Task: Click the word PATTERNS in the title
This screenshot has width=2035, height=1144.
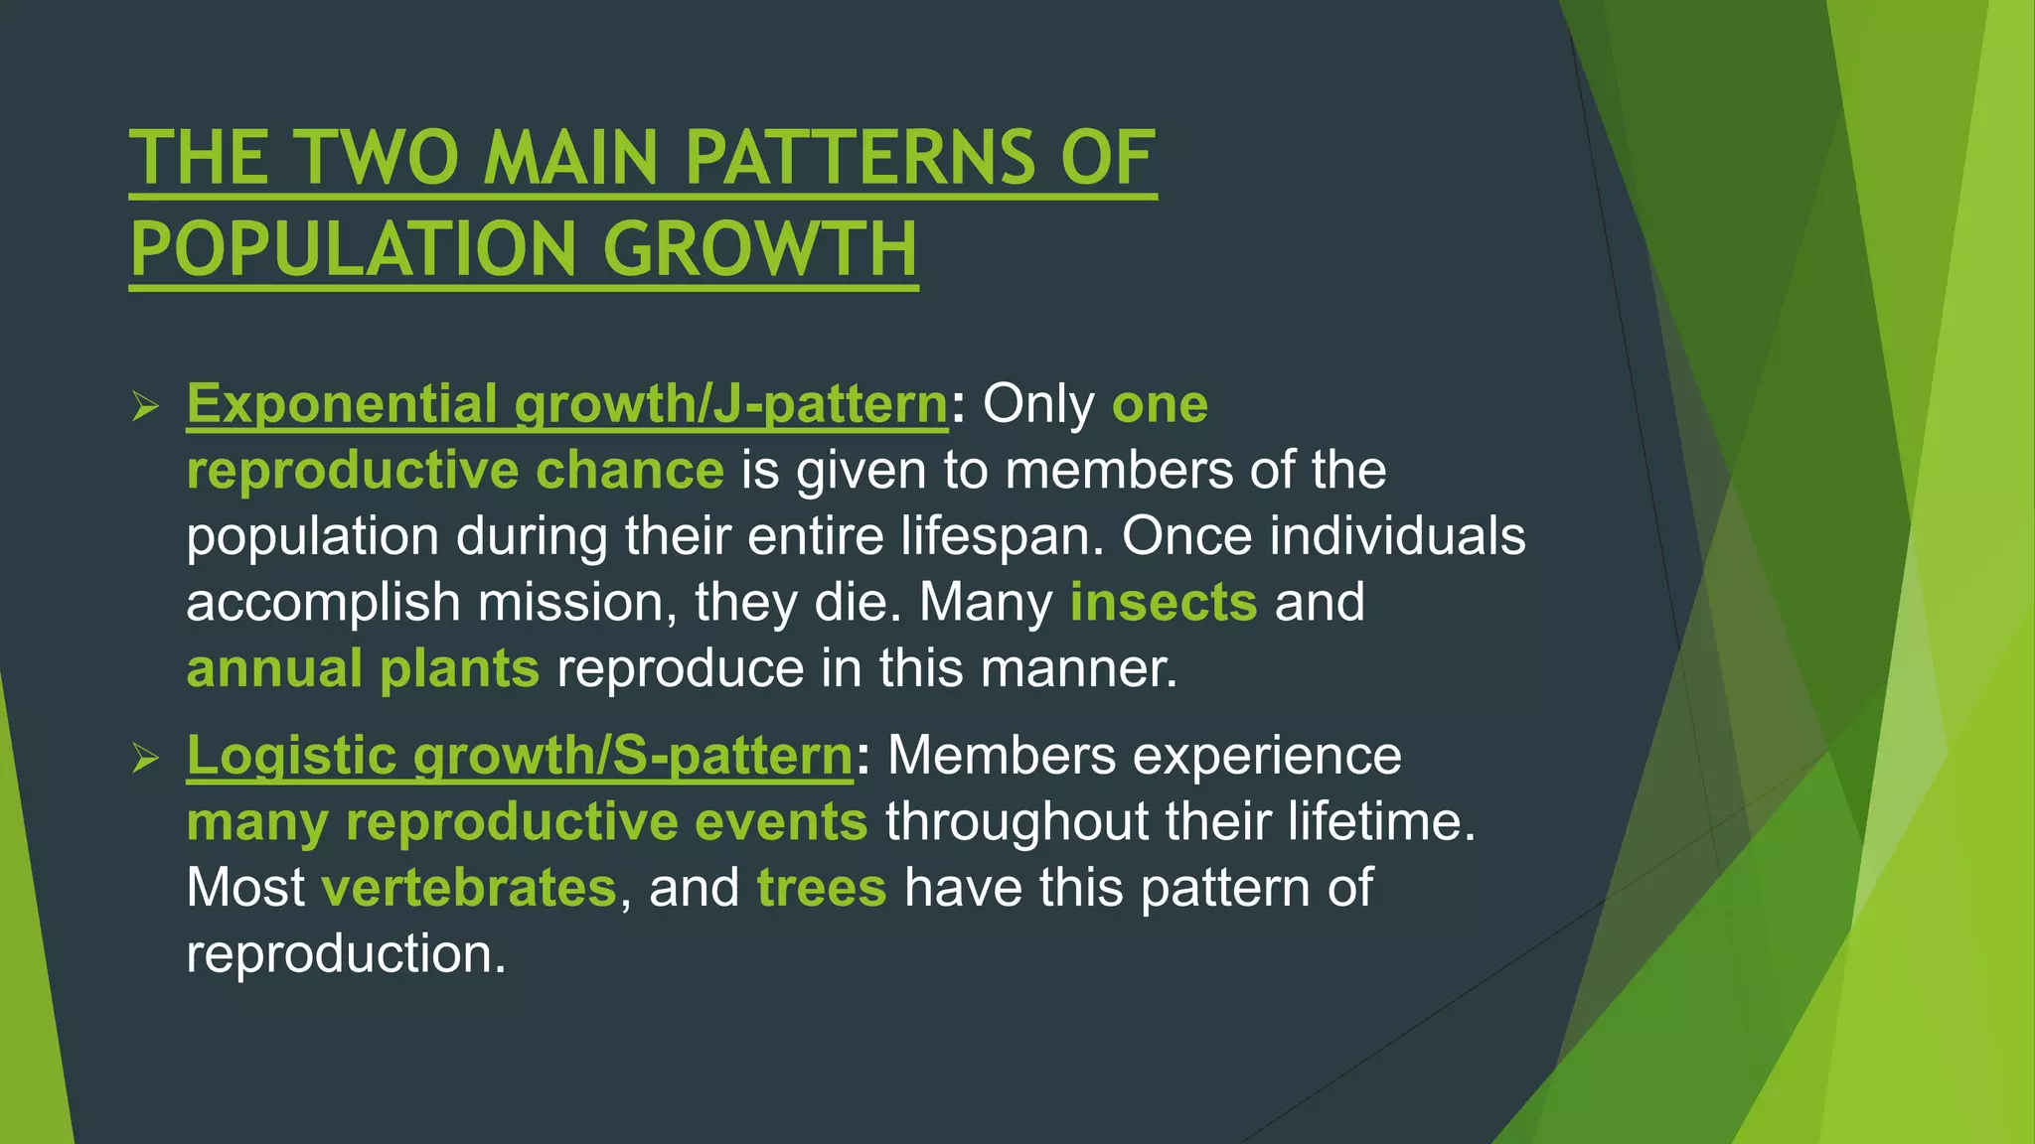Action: pos(860,158)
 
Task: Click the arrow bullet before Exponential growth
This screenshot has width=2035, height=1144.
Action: pos(145,406)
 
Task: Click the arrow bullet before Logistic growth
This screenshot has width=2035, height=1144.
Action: pos(145,759)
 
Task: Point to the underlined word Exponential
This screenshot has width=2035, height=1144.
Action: pos(342,404)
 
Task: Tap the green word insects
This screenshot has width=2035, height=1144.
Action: pos(1164,602)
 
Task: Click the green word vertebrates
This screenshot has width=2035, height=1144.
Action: pos(469,887)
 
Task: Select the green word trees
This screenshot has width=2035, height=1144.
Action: pos(821,887)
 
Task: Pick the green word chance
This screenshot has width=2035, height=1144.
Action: pos(630,470)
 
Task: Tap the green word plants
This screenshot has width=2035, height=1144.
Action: pos(460,668)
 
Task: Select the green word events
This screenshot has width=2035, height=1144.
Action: pos(781,822)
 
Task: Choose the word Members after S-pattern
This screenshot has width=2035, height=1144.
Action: pos(1002,756)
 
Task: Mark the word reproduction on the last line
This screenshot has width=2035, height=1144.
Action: pos(346,953)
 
